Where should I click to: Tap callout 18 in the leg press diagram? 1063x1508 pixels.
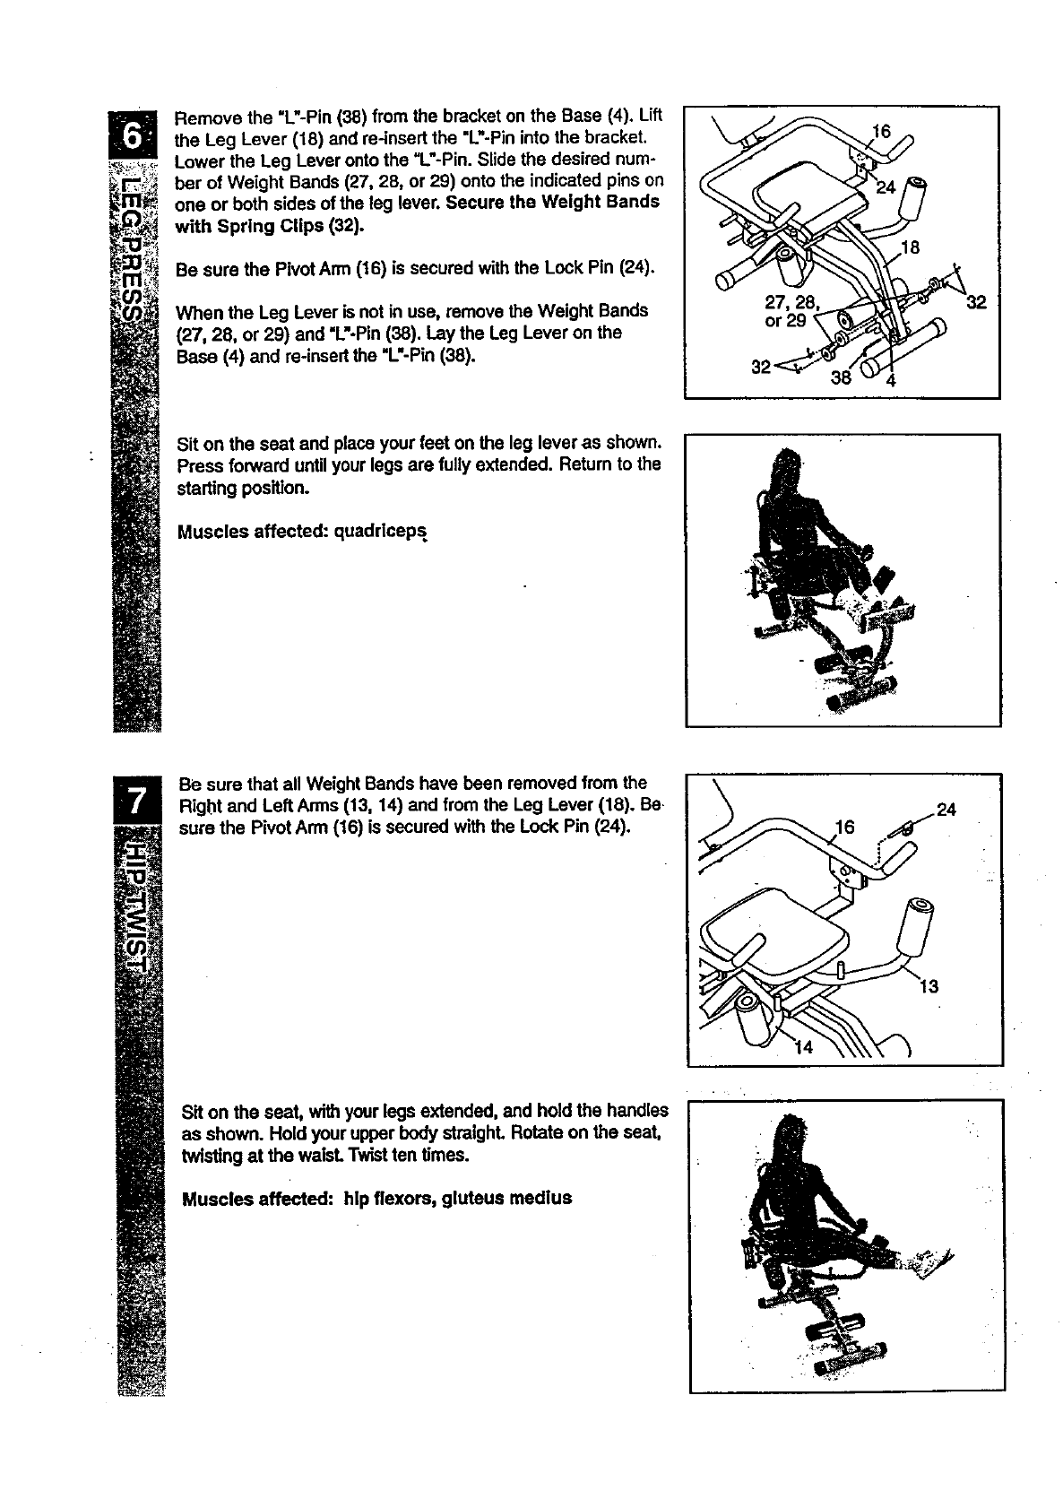[911, 248]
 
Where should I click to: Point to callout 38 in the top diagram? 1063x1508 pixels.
[840, 377]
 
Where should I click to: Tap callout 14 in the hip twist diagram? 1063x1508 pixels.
[804, 1046]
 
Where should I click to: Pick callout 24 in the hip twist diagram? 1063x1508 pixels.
[946, 810]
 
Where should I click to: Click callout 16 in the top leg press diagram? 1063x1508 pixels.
[882, 132]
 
